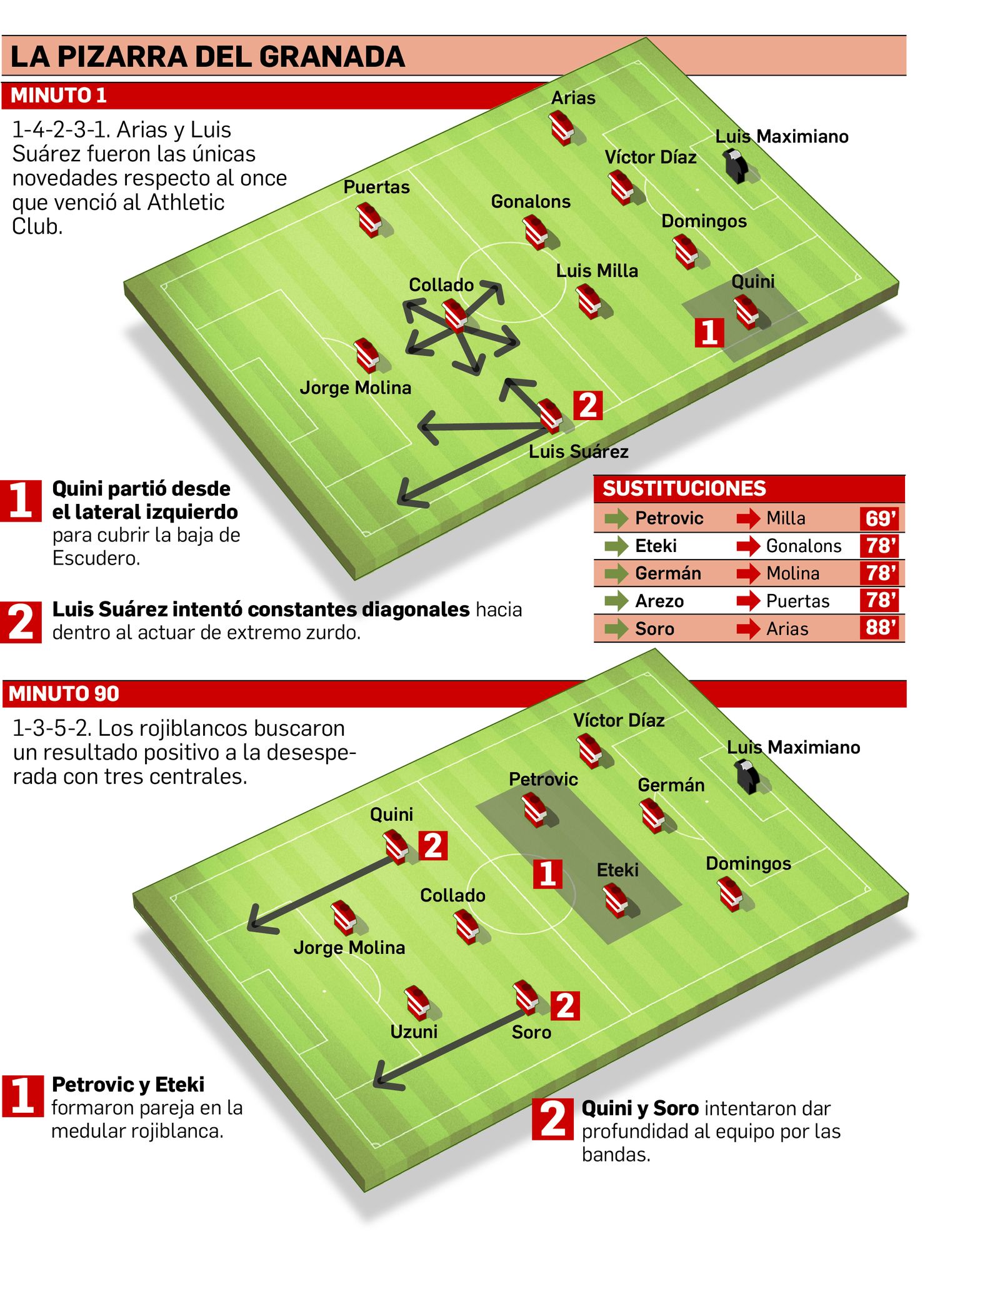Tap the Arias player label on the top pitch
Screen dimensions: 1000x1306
[573, 98]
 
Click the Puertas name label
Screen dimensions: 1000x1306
[376, 187]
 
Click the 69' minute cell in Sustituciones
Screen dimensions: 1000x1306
[881, 518]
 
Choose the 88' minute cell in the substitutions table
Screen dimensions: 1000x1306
[881, 627]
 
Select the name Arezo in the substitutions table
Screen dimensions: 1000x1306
[659, 601]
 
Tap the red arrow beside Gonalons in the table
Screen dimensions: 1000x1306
[748, 546]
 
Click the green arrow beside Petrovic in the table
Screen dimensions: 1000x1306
[616, 518]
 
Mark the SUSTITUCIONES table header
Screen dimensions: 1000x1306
[684, 488]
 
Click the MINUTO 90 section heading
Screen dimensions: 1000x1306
[64, 693]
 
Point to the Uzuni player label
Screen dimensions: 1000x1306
[414, 1031]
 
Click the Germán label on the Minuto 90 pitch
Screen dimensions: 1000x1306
[671, 785]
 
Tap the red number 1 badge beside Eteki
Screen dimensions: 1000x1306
[547, 873]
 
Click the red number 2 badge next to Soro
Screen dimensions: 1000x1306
[565, 1006]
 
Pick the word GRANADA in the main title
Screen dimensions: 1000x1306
[332, 56]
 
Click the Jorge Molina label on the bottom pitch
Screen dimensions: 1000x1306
[349, 948]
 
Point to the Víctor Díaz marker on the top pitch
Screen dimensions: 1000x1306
[621, 187]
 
